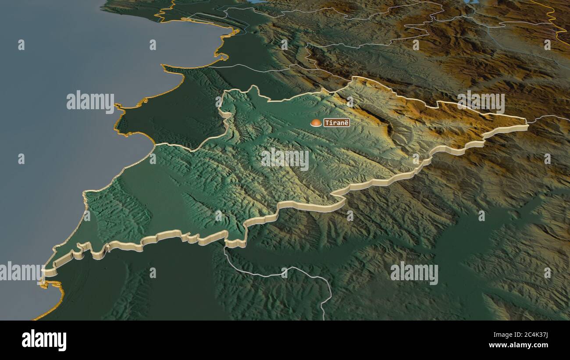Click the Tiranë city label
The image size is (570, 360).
pos(337,123)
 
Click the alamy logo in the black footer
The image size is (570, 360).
pos(44,340)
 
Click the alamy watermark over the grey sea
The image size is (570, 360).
pos(90,102)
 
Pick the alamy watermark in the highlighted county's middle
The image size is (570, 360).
pos(285,159)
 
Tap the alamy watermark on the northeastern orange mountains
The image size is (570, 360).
pos(481,103)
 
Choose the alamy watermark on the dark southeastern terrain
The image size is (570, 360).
pos(414,273)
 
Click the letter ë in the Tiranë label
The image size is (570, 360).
pos(346,123)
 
